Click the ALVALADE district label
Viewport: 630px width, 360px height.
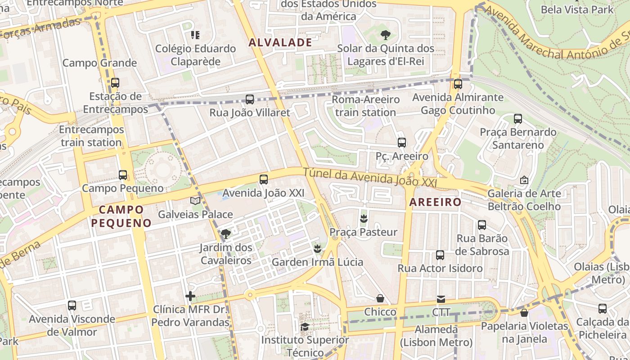click(280, 43)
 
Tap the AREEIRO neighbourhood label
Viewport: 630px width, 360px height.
click(435, 202)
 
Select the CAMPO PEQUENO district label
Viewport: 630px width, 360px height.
click(121, 216)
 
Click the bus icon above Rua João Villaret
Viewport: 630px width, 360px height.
click(250, 99)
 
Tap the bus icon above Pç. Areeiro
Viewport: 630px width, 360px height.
click(402, 143)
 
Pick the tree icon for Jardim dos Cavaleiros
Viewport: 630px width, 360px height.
click(226, 234)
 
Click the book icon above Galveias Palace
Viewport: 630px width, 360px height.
click(195, 201)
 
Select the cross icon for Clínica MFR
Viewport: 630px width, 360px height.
click(190, 296)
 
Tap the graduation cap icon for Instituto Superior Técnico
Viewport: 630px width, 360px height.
click(305, 327)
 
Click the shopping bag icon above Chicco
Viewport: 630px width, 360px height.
click(380, 298)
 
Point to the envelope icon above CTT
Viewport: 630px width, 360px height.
click(441, 299)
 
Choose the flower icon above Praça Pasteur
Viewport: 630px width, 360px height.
click(364, 219)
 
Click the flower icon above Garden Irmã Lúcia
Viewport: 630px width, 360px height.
click(318, 248)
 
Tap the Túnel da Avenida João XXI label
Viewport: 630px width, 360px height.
click(370, 177)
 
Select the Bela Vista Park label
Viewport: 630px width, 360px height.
click(577, 9)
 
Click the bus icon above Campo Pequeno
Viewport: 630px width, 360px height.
click(123, 175)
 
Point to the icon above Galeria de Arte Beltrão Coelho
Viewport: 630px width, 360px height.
click(524, 180)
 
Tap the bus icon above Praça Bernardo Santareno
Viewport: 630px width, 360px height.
click(518, 119)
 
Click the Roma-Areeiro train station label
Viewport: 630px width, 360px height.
click(365, 106)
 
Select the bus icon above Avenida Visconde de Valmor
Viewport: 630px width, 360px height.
click(72, 306)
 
